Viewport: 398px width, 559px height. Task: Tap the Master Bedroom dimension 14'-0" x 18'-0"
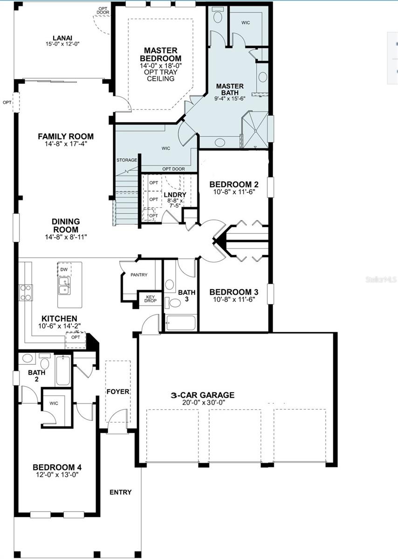pyautogui.click(x=160, y=66)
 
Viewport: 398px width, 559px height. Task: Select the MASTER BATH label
pyautogui.click(x=230, y=89)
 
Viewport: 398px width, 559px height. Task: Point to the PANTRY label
pyautogui.click(x=139, y=275)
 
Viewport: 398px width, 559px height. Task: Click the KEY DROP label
pyautogui.click(x=150, y=299)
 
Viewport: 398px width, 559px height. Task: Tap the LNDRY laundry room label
pyautogui.click(x=175, y=195)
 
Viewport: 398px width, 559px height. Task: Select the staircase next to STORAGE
pyautogui.click(x=126, y=196)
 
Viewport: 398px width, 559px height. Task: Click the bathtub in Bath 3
pyautogui.click(x=181, y=323)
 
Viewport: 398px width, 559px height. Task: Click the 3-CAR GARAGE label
pyautogui.click(x=202, y=395)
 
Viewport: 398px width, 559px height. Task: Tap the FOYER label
pyautogui.click(x=117, y=391)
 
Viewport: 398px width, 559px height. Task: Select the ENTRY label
pyautogui.click(x=120, y=492)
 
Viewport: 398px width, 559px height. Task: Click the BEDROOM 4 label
pyautogui.click(x=57, y=467)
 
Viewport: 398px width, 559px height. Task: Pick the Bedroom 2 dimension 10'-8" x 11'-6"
pyautogui.click(x=233, y=191)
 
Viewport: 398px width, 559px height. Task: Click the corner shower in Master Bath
pyautogui.click(x=255, y=132)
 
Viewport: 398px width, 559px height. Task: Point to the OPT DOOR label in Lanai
pyautogui.click(x=103, y=10)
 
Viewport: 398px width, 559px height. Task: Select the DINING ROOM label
pyautogui.click(x=65, y=225)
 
